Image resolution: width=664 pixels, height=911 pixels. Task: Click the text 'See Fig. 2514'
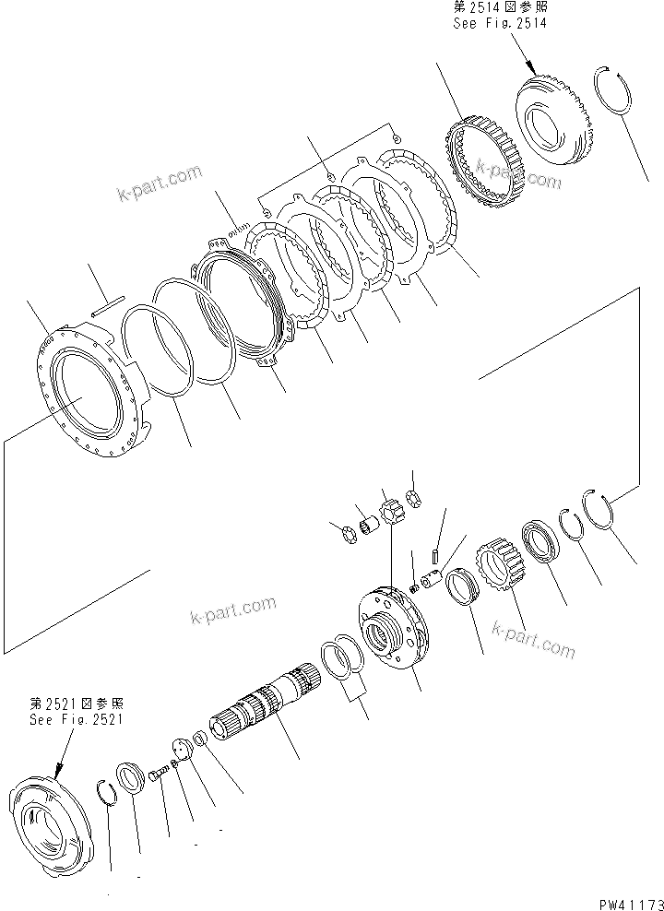pos(499,23)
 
